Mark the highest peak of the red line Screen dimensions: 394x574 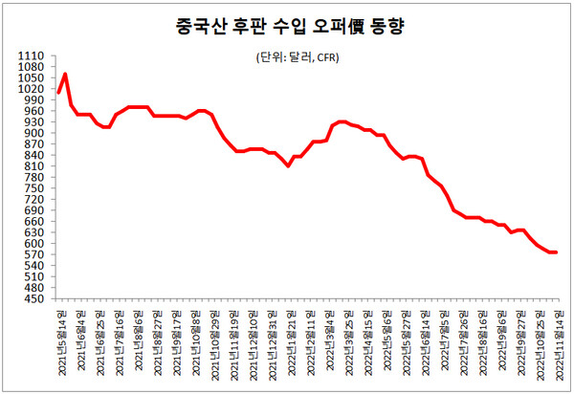pos(64,74)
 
